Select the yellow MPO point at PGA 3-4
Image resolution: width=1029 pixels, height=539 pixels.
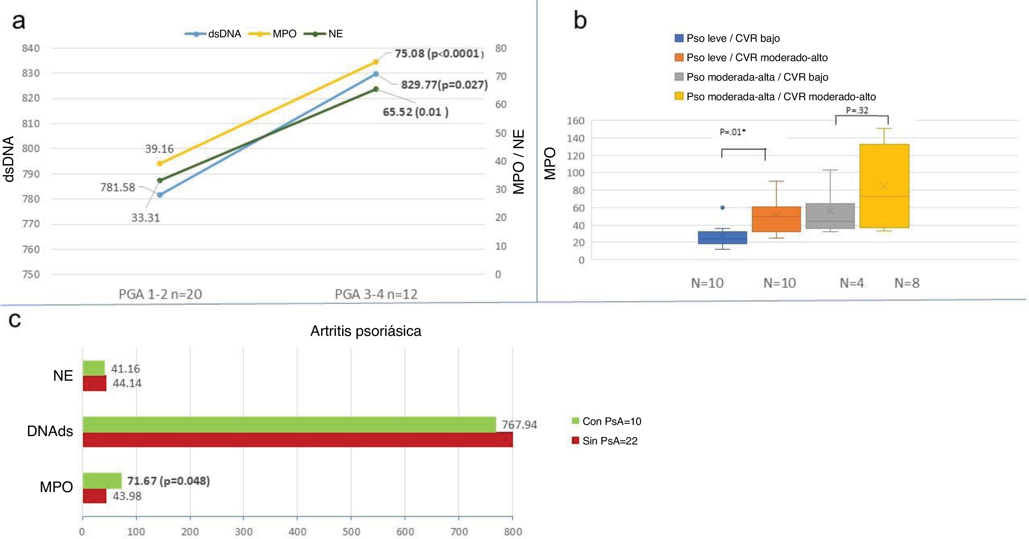pos(376,62)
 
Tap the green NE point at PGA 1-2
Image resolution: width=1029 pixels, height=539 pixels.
pos(160,181)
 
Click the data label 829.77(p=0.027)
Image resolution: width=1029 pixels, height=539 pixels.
pos(444,85)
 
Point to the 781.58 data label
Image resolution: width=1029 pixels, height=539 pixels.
pos(118,187)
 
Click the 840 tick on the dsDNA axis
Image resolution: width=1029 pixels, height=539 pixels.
pos(31,48)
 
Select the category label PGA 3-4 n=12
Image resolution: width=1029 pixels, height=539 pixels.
pos(376,294)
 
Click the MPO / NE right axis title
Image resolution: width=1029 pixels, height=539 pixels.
pos(519,162)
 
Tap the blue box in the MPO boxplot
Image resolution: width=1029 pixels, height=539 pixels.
pos(722,237)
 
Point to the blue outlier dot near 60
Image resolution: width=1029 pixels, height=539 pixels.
pos(722,208)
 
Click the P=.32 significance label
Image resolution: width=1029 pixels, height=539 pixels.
pos(857,110)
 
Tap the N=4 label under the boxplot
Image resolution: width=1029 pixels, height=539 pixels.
pos(852,283)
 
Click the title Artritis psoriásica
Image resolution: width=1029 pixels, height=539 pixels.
pos(366,331)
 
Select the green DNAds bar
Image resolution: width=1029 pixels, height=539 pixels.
pos(289,424)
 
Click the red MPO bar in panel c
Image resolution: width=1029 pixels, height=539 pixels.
pos(95,496)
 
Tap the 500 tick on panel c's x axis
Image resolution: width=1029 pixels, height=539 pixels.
pos(351,531)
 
